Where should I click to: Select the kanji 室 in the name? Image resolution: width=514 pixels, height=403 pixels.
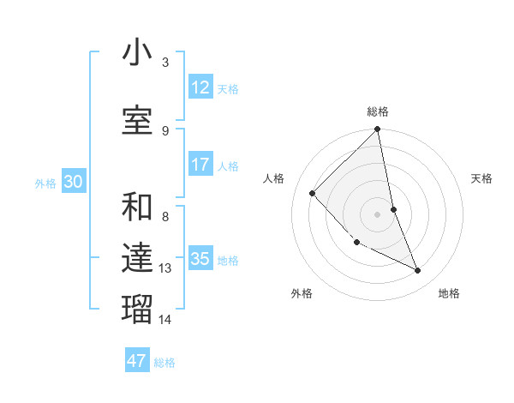137,120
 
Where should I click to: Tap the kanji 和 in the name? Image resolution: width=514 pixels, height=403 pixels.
137,208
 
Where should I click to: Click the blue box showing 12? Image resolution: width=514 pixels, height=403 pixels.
200,87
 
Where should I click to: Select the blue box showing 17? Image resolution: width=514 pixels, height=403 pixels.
200,165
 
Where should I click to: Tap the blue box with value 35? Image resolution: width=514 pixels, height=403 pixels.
200,259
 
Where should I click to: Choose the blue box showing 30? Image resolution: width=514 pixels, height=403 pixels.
74,182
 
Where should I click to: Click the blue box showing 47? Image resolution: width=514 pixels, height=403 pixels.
137,361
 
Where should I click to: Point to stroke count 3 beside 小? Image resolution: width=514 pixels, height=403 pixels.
165,63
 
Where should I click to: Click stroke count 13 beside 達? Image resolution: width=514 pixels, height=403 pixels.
166,268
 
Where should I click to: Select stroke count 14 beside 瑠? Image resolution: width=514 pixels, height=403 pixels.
166,320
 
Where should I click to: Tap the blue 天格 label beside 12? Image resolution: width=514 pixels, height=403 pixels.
228,88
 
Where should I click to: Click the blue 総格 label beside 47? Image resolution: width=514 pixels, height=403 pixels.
164,363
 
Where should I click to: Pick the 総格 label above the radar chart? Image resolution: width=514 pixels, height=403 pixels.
378,111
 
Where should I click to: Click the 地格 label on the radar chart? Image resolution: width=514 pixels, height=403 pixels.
449,293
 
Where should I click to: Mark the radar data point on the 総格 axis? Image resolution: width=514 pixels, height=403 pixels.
378,130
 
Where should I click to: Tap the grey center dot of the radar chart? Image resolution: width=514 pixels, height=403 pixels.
378,214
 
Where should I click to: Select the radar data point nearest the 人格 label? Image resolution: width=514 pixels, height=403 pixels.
313,193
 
